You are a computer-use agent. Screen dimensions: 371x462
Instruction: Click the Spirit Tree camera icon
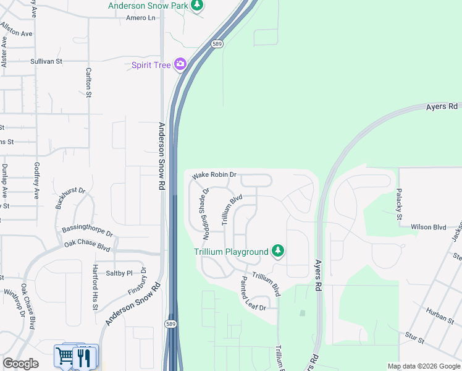coord(180,64)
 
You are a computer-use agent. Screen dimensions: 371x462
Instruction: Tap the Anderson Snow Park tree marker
coord(197,6)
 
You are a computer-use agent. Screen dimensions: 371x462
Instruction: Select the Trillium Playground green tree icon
coord(278,250)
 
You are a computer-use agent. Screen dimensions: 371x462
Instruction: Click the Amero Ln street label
coord(141,18)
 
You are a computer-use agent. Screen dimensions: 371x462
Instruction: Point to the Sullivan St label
coord(47,62)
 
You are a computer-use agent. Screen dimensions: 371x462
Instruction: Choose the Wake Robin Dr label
coord(214,175)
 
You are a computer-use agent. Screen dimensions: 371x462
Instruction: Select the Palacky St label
coord(399,203)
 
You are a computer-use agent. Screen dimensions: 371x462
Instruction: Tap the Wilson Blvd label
coord(428,228)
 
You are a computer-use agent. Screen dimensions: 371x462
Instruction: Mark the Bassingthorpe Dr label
coord(87,231)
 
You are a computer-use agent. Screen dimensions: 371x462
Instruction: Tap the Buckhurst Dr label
coord(70,198)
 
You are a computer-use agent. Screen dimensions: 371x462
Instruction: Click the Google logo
coord(20,364)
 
